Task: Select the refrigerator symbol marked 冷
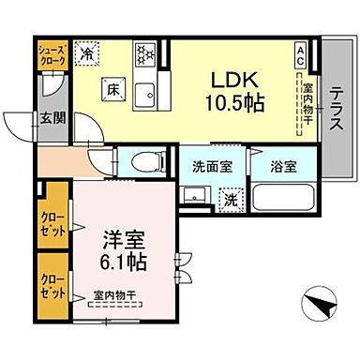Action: (x=86, y=55)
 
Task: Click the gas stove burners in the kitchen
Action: (x=145, y=55)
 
